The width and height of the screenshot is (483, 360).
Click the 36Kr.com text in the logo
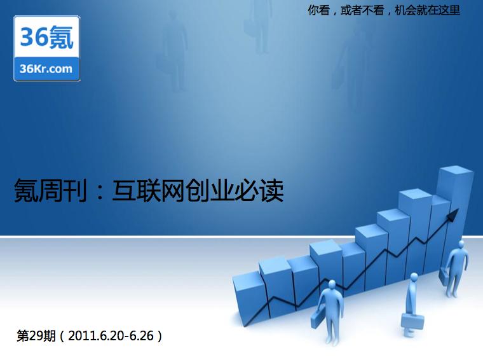point(46,69)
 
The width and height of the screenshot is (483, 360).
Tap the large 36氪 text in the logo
point(46,38)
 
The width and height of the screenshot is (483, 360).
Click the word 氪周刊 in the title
point(50,190)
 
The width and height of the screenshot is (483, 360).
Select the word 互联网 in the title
point(149,190)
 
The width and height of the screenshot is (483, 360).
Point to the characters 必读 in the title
point(259,190)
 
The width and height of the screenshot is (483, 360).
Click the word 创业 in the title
point(210,190)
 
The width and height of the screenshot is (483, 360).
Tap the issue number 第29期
point(36,336)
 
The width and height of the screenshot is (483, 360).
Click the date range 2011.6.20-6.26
point(111,336)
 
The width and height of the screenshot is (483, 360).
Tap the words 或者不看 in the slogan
point(362,10)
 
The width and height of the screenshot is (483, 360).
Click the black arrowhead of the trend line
point(452,214)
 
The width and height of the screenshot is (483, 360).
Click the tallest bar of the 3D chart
point(455,216)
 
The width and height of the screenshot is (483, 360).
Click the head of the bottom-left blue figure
point(332,284)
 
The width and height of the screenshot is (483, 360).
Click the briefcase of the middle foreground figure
point(412,321)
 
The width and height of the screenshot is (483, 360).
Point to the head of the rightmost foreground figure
point(461,244)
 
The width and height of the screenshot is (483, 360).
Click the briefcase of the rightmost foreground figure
point(444,276)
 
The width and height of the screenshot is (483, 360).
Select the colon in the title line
point(99,192)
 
